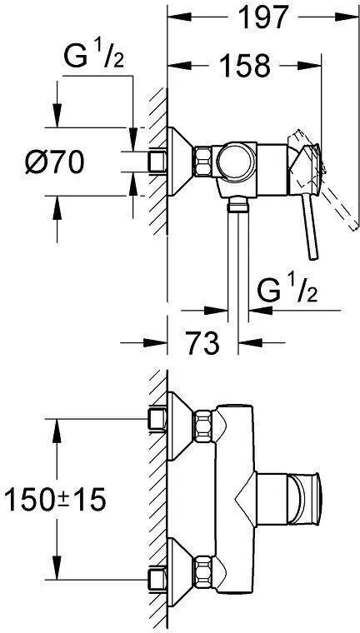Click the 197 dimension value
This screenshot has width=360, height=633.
(x=263, y=17)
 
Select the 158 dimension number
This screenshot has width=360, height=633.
(x=245, y=65)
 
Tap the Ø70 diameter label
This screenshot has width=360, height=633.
(x=55, y=162)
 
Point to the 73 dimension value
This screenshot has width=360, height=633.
(x=203, y=343)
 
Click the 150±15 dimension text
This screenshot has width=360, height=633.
(x=55, y=500)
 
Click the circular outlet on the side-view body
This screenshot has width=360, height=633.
(x=236, y=162)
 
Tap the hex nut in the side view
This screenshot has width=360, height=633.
(x=203, y=162)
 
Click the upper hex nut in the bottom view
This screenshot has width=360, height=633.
(x=203, y=426)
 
